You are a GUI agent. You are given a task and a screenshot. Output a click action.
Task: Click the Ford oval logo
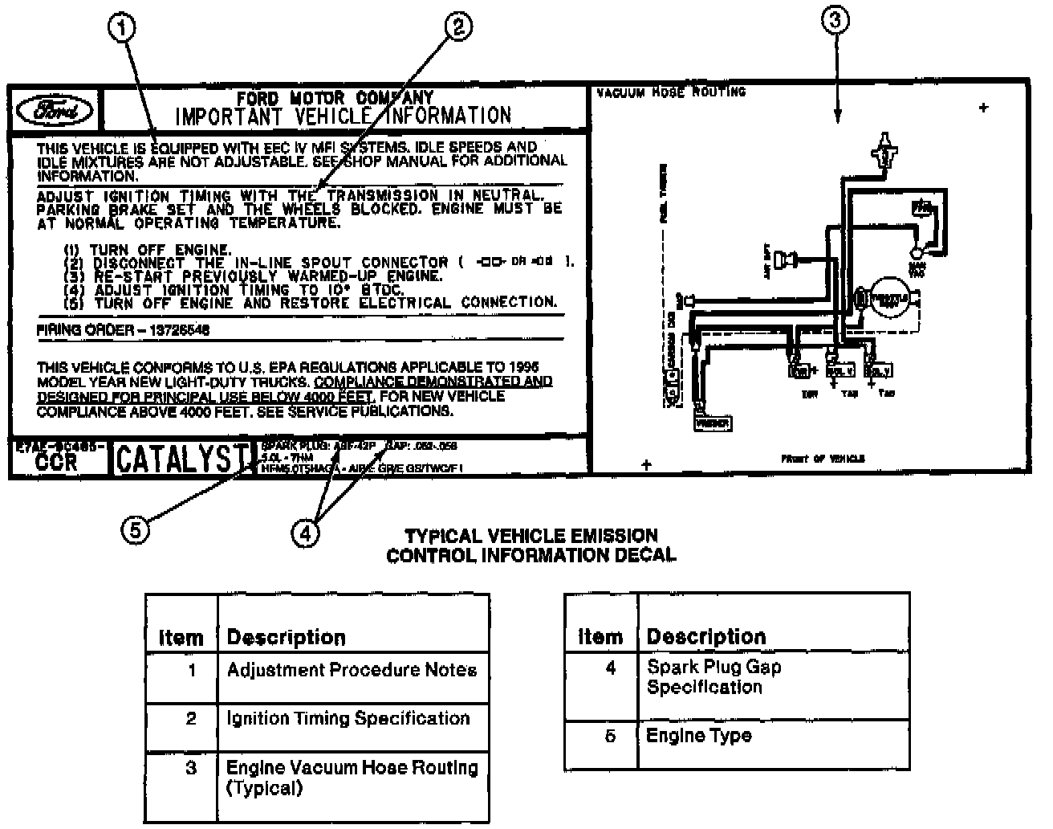(55, 111)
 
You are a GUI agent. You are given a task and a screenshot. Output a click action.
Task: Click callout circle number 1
(121, 29)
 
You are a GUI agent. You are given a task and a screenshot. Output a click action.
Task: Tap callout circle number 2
(457, 29)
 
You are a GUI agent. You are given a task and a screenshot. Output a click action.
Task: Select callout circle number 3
(835, 21)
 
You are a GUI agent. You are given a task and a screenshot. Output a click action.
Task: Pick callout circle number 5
(136, 529)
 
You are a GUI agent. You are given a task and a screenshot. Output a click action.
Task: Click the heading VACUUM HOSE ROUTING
(671, 92)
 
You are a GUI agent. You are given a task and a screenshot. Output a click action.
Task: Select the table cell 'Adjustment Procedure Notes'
(352, 670)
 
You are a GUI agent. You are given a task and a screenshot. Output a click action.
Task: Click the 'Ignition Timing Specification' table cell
(348, 718)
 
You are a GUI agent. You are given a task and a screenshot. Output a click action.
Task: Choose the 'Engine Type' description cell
(698, 736)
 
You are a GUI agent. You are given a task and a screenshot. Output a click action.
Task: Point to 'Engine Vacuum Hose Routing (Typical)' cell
(352, 778)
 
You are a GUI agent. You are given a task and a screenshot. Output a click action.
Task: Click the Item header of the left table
(181, 638)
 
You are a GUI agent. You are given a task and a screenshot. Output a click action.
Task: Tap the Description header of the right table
(706, 637)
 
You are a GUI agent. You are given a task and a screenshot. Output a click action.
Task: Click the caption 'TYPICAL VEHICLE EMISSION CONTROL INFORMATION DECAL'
(531, 545)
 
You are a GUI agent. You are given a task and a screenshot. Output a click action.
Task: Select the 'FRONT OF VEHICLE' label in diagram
(823, 459)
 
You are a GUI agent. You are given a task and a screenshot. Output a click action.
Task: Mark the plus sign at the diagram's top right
(983, 108)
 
